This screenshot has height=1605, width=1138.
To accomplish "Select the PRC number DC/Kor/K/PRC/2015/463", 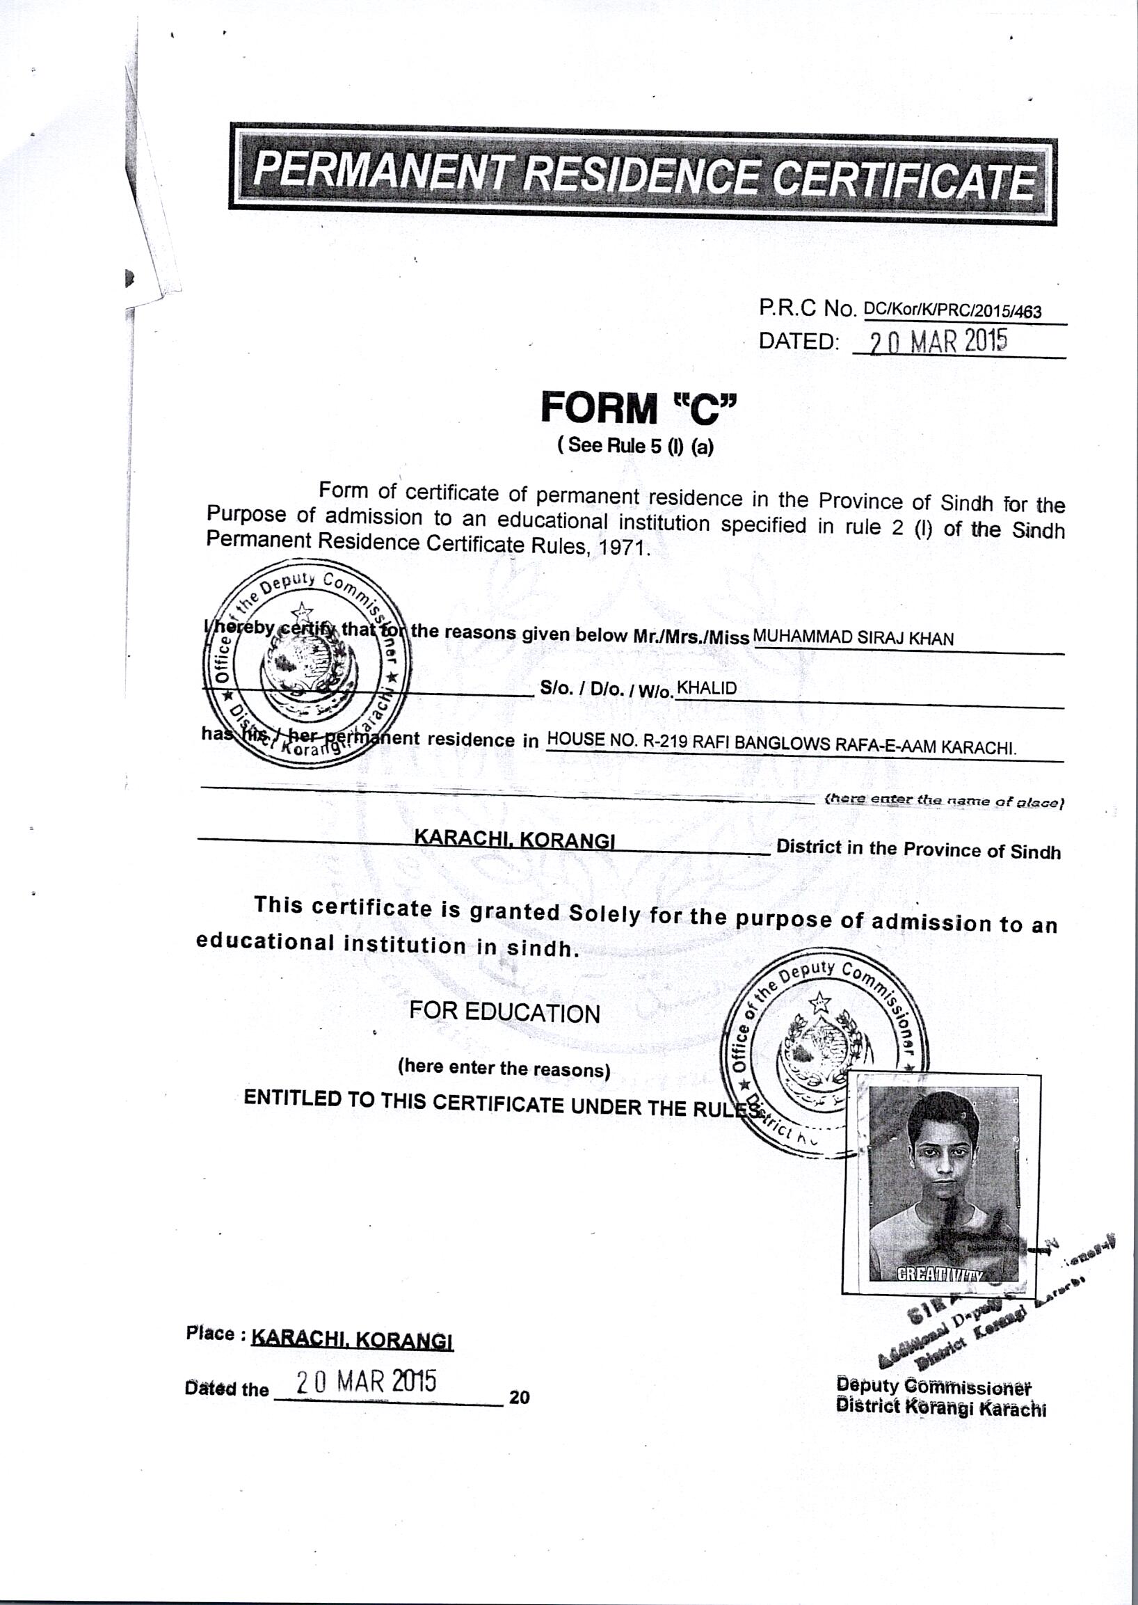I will pos(953,310).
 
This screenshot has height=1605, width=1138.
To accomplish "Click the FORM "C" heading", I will pos(639,408).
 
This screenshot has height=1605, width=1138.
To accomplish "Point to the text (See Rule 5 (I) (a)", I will pos(635,447).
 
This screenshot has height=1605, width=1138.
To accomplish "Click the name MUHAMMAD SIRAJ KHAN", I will pos(853,638).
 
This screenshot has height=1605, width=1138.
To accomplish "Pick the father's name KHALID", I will pos(707,688).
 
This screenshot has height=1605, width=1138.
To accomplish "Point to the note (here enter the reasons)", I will pos(504,1069).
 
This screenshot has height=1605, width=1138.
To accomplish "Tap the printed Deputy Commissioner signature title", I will pos(933,1386).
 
